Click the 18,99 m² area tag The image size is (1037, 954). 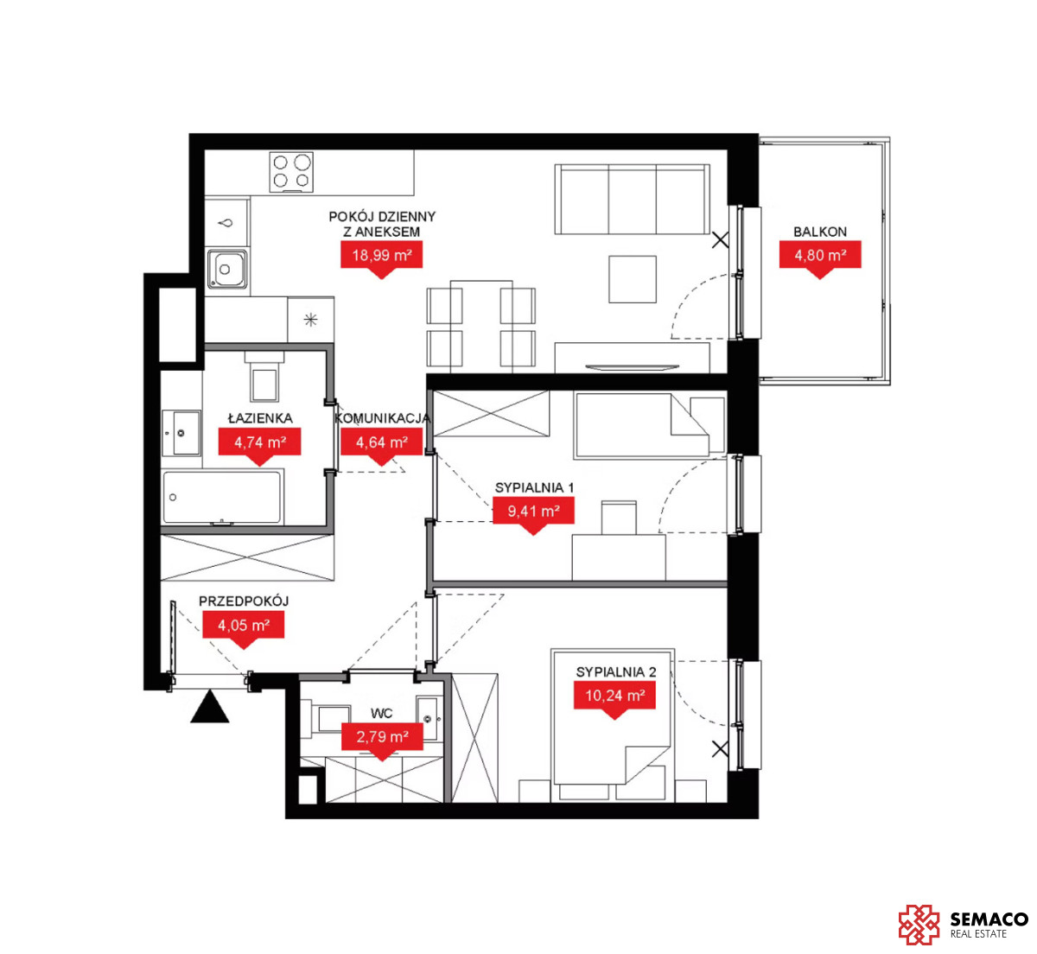tap(381, 255)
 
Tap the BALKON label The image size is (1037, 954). tap(820, 232)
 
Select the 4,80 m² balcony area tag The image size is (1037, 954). tap(820, 255)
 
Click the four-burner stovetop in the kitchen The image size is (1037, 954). tap(291, 172)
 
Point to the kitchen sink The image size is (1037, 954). tap(227, 269)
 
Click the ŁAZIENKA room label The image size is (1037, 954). tap(260, 418)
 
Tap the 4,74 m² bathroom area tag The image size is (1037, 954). tap(259, 442)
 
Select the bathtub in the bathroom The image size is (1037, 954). tap(222, 498)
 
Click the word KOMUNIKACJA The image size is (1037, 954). tap(382, 418)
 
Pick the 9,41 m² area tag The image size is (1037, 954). tap(533, 512)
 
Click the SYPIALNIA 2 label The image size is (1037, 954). tap(616, 672)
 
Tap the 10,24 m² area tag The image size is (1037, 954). tap(614, 696)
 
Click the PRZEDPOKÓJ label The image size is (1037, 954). tap(244, 601)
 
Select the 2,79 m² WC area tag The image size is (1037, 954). tap(382, 736)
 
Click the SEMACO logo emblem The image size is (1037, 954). tap(919, 925)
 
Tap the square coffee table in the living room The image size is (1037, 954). tap(633, 279)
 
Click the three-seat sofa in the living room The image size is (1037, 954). tap(633, 200)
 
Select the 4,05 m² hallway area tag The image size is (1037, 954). tap(243, 625)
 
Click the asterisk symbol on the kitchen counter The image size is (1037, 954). tap(310, 320)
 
